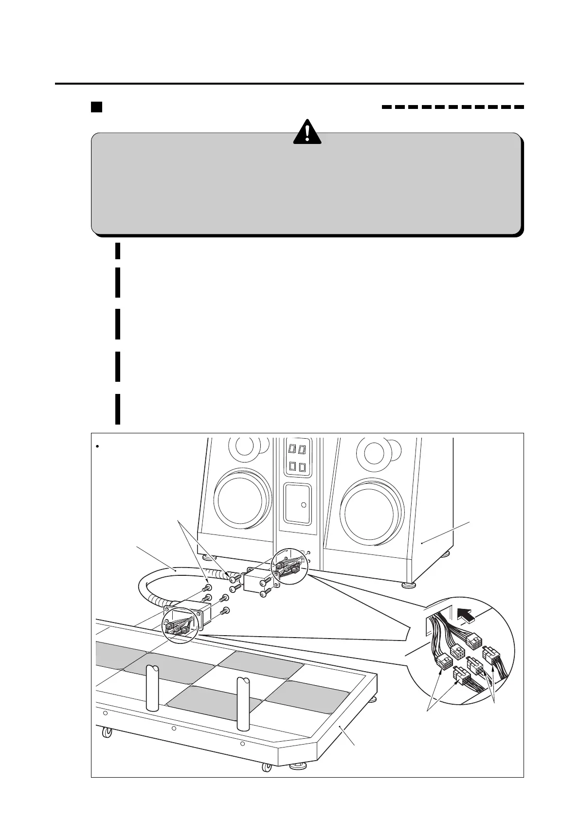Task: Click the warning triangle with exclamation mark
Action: point(307,132)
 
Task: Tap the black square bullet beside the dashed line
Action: point(96,107)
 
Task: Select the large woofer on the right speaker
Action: point(372,511)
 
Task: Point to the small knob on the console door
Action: point(304,505)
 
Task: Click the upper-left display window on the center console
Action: point(293,448)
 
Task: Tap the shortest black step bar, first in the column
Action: point(118,250)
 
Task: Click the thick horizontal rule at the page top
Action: point(289,84)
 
